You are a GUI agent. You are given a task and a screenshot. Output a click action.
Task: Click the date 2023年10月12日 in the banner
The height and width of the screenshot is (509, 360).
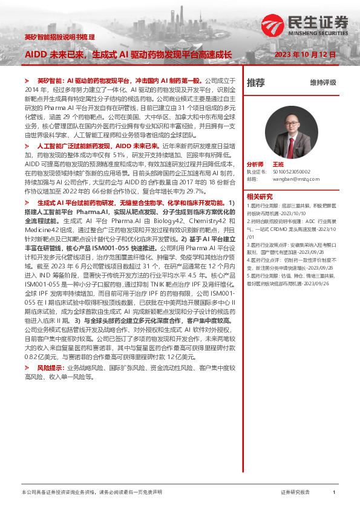coord(305,54)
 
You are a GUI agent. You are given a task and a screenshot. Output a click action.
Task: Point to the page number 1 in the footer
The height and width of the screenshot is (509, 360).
coord(334,493)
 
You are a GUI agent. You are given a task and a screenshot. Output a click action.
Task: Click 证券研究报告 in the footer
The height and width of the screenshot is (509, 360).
coord(295,493)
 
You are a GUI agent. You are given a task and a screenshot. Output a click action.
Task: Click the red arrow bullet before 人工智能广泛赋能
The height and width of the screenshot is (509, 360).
coord(27,146)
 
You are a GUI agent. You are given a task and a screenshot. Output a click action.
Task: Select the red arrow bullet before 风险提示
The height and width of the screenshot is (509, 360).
coord(27,368)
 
